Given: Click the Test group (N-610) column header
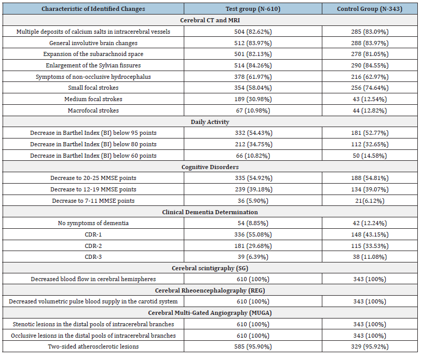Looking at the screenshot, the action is (x=253, y=9).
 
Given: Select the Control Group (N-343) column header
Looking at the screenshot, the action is (x=370, y=9).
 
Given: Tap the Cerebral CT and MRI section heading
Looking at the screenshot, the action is (x=210, y=20).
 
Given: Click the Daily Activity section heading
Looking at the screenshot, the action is (x=210, y=122).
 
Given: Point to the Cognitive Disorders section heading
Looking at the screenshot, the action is (x=210, y=167).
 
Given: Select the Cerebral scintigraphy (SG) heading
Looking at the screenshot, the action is (x=210, y=268).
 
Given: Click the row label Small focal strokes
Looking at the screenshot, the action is (x=93, y=88).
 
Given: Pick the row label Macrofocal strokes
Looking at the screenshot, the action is (x=93, y=110).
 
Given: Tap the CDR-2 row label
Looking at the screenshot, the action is (x=93, y=246).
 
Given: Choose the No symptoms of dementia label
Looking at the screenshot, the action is (x=93, y=224).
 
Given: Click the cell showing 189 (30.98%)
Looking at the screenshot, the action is (x=253, y=99).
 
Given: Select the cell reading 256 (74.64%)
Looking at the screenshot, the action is (x=370, y=88).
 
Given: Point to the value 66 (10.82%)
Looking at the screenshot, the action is (x=253, y=156).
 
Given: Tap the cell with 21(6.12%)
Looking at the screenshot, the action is (x=370, y=201).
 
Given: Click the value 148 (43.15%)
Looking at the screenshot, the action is (x=370, y=234).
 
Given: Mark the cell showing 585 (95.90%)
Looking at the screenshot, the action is (x=253, y=347).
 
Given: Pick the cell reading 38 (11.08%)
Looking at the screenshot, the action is (x=370, y=257).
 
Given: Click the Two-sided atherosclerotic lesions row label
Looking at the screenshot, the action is (x=93, y=347).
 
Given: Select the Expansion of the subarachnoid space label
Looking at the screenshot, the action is (x=93, y=54).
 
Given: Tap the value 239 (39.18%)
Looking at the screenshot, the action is (x=253, y=190).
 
